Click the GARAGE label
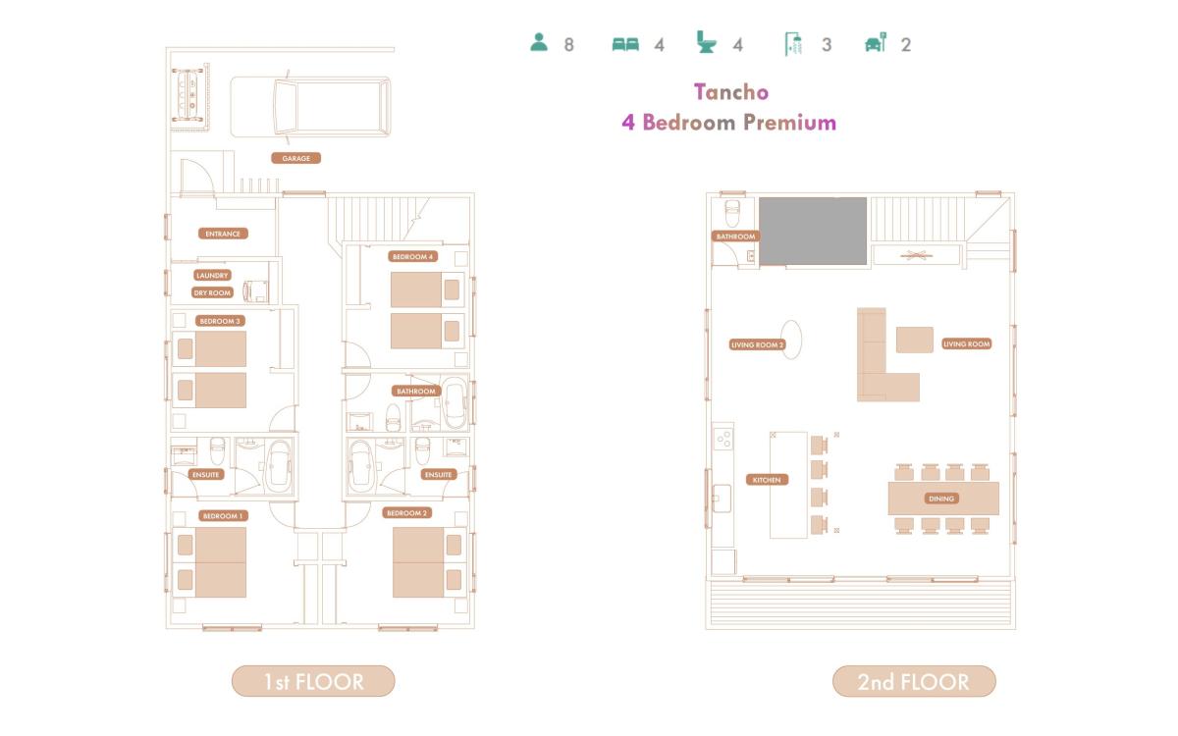pos(296,158)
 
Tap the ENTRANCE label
pos(223,234)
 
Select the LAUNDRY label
pos(212,275)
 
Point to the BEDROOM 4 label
pos(413,256)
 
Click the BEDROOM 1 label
pos(223,516)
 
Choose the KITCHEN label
pos(767,480)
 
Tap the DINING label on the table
pos(941,499)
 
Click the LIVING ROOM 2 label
pos(757,344)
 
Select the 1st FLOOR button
pos(313,681)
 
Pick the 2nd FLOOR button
pos(914,681)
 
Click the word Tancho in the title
pos(731,92)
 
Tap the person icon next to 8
pos(539,42)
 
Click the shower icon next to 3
pos(793,43)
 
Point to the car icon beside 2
pos(876,42)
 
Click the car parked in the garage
pos(310,107)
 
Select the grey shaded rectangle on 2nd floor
pos(813,232)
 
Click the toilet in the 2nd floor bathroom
pos(732,212)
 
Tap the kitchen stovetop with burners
pos(723,439)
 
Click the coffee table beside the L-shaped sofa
pos(915,340)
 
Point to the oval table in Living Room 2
pos(791,340)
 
